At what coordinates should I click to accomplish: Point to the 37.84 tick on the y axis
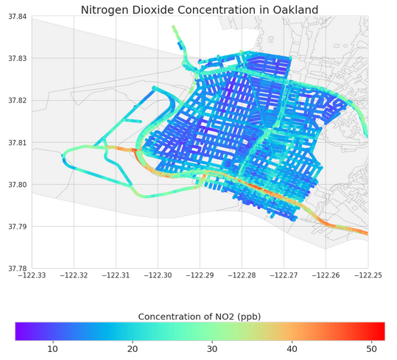pyautogui.click(x=16, y=16)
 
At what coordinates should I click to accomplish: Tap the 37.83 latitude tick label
pyautogui.click(x=16, y=58)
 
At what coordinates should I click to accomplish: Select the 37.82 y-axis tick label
pyautogui.click(x=16, y=100)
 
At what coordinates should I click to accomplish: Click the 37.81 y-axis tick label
pyautogui.click(x=16, y=142)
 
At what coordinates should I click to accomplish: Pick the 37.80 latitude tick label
pyautogui.click(x=16, y=184)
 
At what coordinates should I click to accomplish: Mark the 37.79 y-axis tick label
pyautogui.click(x=16, y=226)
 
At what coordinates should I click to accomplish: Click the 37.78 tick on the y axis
pyautogui.click(x=16, y=268)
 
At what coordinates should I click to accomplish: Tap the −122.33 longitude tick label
pyautogui.click(x=32, y=275)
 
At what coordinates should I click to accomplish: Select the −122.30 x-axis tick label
pyautogui.click(x=158, y=275)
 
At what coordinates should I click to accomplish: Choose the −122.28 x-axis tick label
pyautogui.click(x=242, y=275)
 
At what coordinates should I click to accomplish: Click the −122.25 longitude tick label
pyautogui.click(x=368, y=275)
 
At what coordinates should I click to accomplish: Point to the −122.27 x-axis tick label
pyautogui.click(x=284, y=275)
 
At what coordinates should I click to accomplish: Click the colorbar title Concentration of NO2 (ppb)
pyautogui.click(x=200, y=317)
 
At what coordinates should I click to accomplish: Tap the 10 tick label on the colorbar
pyautogui.click(x=52, y=348)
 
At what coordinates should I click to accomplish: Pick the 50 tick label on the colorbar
pyautogui.click(x=372, y=348)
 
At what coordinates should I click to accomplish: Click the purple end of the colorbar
pyautogui.click(x=20, y=331)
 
